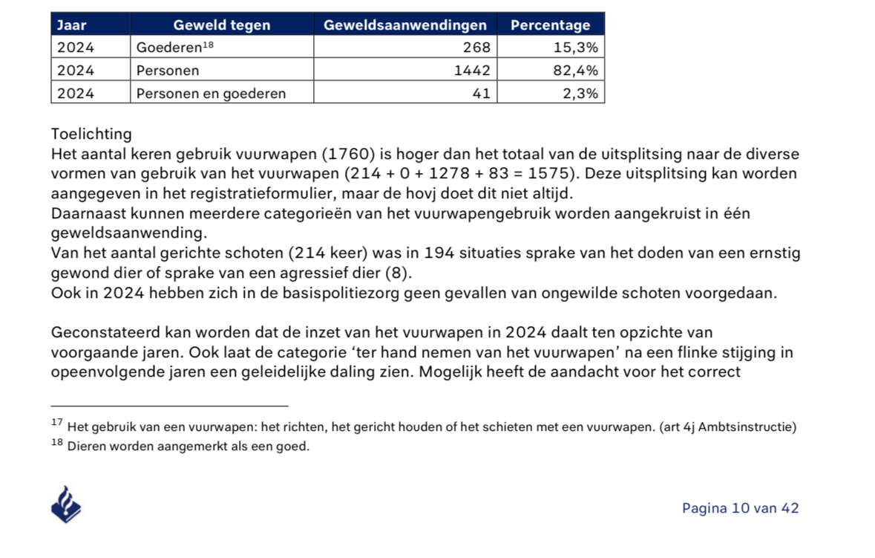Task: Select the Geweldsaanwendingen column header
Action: click(x=405, y=25)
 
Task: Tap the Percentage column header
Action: click(x=550, y=25)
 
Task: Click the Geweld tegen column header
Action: click(x=221, y=25)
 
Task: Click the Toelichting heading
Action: click(x=91, y=134)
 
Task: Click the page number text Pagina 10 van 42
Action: click(x=740, y=508)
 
